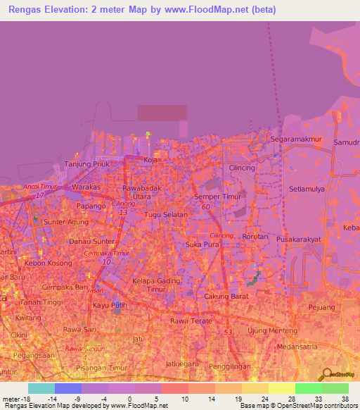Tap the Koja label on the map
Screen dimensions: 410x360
click(x=150, y=160)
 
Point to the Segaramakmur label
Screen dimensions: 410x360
click(x=295, y=139)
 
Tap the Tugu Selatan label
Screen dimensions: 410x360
click(x=166, y=214)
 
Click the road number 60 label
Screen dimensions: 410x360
click(x=205, y=207)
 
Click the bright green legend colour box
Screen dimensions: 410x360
click(x=308, y=388)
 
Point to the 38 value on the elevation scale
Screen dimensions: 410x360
click(x=345, y=398)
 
